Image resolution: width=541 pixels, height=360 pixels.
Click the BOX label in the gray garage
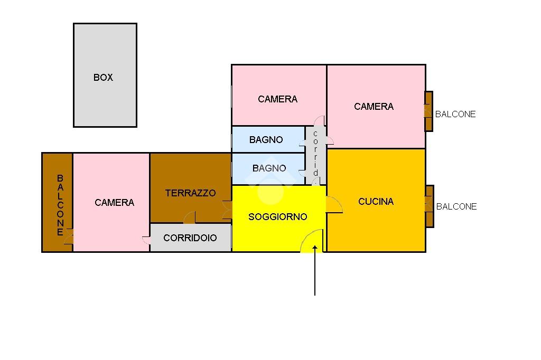point(103,77)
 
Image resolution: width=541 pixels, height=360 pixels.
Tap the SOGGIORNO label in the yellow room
point(278,216)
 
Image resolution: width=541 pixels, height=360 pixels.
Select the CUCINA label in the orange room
point(376,202)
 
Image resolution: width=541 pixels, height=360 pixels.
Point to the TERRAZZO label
point(190,193)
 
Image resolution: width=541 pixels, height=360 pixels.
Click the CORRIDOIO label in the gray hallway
point(190,238)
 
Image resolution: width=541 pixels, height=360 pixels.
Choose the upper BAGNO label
point(266,140)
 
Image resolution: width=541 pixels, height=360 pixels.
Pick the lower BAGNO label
point(269,168)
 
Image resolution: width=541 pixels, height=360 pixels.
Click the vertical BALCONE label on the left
point(60,205)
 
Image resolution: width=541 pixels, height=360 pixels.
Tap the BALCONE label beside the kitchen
point(456,206)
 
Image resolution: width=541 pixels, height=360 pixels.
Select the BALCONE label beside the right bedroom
point(455,114)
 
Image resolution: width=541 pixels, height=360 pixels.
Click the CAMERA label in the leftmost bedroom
point(115,202)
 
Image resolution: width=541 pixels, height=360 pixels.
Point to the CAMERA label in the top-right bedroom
point(374,106)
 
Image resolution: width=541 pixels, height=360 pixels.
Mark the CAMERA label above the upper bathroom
point(278,99)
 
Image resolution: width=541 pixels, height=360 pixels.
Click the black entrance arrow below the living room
point(315,270)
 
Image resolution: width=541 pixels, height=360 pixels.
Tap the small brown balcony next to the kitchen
point(429,206)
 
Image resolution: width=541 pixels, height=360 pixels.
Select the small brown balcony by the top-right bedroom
point(428,111)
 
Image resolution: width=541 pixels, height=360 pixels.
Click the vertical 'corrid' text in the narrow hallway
point(315,153)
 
